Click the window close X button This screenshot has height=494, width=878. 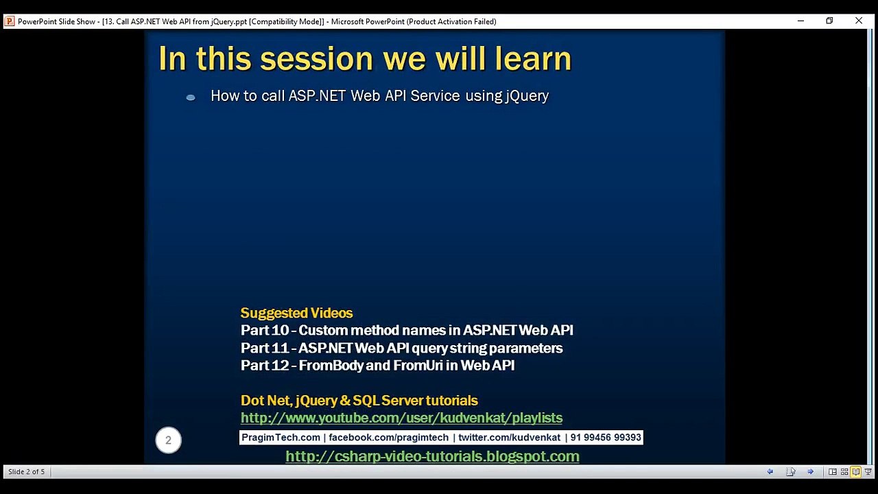pyautogui.click(x=858, y=21)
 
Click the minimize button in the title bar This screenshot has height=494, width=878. pyautogui.click(x=800, y=21)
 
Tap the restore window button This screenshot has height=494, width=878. pyautogui.click(x=829, y=21)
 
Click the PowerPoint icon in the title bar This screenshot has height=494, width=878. pyautogui.click(x=10, y=21)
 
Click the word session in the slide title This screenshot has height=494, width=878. pyautogui.click(x=316, y=59)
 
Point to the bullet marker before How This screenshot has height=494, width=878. pyautogui.click(x=191, y=97)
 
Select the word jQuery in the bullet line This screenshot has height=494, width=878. pyautogui.click(x=527, y=96)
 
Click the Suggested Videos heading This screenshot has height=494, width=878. pyautogui.click(x=296, y=313)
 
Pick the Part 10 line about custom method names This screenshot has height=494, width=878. pyautogui.click(x=407, y=330)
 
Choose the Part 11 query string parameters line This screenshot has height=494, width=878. pyautogui.click(x=402, y=348)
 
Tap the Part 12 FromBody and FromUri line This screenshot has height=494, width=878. pyautogui.click(x=377, y=366)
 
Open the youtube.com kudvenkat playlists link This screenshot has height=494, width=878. pyautogui.click(x=401, y=418)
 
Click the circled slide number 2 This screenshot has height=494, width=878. pyautogui.click(x=168, y=440)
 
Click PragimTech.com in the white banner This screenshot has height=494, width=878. pyautogui.click(x=281, y=437)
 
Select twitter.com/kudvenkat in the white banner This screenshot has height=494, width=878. pyautogui.click(x=509, y=437)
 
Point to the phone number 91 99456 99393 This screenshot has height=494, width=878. pyautogui.click(x=606, y=437)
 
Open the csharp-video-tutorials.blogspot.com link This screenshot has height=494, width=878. pyautogui.click(x=432, y=456)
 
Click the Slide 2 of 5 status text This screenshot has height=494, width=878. pyautogui.click(x=26, y=471)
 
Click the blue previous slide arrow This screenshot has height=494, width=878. pyautogui.click(x=770, y=471)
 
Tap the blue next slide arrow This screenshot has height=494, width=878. pyautogui.click(x=811, y=471)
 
